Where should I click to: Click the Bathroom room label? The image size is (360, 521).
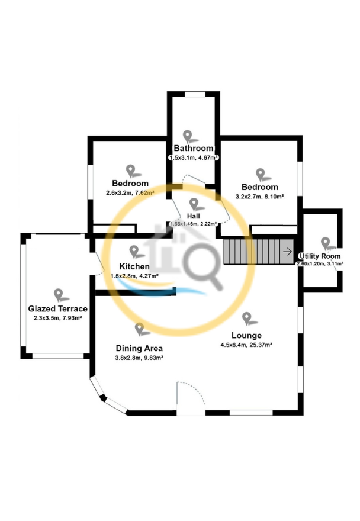(194, 148)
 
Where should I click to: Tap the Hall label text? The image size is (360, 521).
(193, 216)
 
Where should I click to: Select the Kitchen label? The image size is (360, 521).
(134, 266)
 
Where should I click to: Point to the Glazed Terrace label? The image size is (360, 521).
(58, 308)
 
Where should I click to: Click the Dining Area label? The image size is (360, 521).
(139, 348)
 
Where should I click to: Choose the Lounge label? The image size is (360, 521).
(246, 335)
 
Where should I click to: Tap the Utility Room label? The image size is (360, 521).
(320, 256)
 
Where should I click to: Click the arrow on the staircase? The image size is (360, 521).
(287, 252)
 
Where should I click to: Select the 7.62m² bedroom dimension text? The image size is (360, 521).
(130, 193)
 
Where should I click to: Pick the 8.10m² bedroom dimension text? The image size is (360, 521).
(259, 197)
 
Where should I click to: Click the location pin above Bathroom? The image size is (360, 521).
(188, 136)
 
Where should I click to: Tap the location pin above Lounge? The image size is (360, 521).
(247, 319)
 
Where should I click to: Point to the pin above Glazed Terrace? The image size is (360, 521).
(59, 295)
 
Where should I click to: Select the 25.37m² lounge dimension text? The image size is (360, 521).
(246, 345)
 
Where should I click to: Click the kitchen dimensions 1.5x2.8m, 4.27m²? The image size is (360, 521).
(134, 276)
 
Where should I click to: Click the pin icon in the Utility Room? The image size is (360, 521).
(326, 243)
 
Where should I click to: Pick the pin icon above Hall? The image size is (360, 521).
(194, 204)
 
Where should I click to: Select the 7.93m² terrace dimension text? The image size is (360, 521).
(58, 318)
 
